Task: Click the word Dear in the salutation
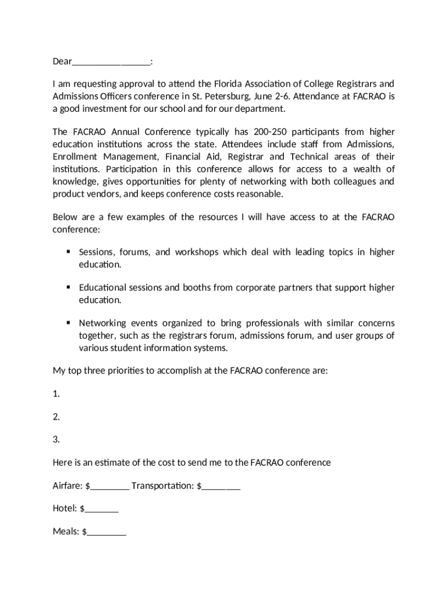click(62, 61)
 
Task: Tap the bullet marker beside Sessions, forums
click(68, 251)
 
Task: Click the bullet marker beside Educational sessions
click(68, 287)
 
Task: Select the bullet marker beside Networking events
click(68, 322)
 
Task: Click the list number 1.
click(56, 394)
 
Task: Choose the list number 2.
click(56, 417)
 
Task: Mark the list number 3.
click(56, 439)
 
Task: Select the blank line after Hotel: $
click(101, 510)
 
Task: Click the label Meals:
click(66, 531)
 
